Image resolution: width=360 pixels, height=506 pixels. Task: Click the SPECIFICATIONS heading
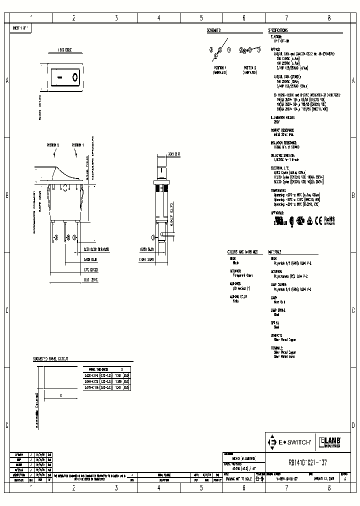(282, 30)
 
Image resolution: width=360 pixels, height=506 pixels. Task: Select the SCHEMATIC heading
(213, 30)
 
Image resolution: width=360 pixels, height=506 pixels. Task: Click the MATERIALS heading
(275, 251)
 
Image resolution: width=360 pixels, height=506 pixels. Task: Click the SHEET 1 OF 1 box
(21, 28)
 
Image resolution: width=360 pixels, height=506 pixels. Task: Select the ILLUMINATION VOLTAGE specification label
(284, 116)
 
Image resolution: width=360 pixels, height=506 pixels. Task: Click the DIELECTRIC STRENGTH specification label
(281, 155)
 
